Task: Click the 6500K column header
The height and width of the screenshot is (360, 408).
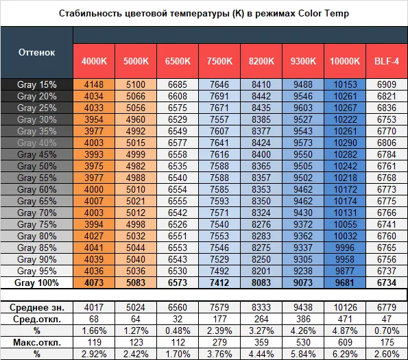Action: coord(178,61)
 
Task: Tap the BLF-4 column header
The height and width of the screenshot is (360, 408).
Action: coord(387,61)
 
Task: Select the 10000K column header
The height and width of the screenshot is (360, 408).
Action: coord(345,61)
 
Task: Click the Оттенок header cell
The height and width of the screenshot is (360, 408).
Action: coord(37,52)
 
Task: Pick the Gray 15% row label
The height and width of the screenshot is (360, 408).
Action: coord(37,84)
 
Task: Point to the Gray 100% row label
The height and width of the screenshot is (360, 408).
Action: coord(37,283)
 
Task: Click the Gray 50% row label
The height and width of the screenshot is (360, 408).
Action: coord(37,166)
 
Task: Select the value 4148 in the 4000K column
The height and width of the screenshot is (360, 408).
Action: coord(94,84)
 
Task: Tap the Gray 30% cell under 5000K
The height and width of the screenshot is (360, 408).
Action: coord(136,119)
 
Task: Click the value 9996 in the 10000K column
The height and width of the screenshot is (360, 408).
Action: coord(345,248)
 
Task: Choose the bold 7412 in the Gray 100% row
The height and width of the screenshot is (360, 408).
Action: coord(219,283)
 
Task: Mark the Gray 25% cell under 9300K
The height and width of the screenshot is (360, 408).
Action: coord(303,108)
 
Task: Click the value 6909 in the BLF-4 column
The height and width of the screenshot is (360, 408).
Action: coord(387,84)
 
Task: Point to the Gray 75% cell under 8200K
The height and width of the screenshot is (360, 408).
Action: coord(261,224)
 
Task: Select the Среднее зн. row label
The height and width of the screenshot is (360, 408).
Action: coord(37,307)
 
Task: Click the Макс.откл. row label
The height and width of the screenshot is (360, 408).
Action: coord(37,342)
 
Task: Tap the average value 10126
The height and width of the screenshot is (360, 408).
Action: coord(345,307)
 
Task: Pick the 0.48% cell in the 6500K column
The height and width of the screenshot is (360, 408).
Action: coord(178,331)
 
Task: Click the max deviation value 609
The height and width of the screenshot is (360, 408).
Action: coord(345,342)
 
